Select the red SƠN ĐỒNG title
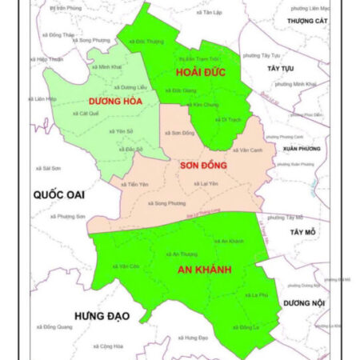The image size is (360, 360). [x=203, y=165]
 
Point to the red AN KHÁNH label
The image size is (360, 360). [x=204, y=270]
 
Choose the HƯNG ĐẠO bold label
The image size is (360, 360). [x=101, y=315]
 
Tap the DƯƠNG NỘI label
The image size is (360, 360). [x=304, y=303]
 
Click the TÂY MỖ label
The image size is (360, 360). [x=304, y=232]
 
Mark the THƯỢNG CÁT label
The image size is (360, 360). [x=309, y=22]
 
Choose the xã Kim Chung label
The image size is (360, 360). [x=205, y=105]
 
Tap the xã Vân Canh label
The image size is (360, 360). [x=249, y=150]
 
